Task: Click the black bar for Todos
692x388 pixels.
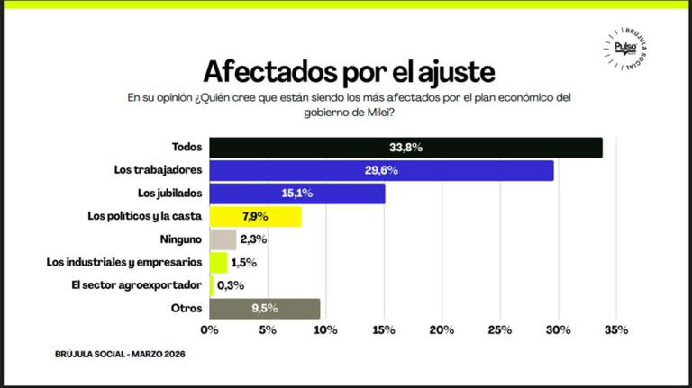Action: (x=405, y=148)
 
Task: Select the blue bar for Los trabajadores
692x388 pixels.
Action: (x=381, y=171)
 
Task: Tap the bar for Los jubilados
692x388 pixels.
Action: (x=297, y=194)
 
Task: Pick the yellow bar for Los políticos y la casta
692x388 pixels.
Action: (x=255, y=217)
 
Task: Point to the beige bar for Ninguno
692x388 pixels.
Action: (x=223, y=239)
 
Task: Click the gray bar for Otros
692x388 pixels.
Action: (x=264, y=309)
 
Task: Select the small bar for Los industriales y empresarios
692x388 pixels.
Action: (x=218, y=263)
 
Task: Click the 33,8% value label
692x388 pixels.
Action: (x=405, y=148)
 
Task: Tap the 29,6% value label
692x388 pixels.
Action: (x=381, y=171)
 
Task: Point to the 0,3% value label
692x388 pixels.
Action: (x=231, y=286)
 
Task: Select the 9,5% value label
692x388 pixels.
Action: (x=264, y=309)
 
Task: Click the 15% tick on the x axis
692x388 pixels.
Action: (x=384, y=331)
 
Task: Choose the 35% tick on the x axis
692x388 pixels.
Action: (x=615, y=331)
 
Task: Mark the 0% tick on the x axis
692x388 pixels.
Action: (x=210, y=331)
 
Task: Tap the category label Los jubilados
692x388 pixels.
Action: (x=170, y=194)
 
